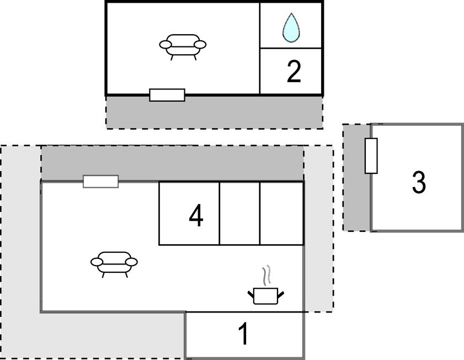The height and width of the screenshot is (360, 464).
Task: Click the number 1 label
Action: coord(243,335)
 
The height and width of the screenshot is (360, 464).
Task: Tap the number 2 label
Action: coord(294,72)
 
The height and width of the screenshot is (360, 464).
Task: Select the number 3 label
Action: coord(419,182)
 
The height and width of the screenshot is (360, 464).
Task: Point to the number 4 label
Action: coord(196,216)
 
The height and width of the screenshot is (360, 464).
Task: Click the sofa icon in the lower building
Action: coord(114,263)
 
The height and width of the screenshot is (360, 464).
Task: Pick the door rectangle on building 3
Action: coord(371,156)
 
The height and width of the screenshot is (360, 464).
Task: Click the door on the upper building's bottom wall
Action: coord(167,95)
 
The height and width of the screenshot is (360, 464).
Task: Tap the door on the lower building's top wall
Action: coord(100,181)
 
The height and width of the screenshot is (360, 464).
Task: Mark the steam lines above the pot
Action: coord(266,275)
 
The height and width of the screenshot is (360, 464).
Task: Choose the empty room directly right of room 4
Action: coord(239,213)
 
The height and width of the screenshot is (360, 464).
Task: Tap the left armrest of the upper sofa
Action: coord(165,44)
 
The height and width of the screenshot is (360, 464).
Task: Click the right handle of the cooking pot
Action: coord(282,294)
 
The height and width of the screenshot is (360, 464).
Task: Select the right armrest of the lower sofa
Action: coord(132,262)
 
